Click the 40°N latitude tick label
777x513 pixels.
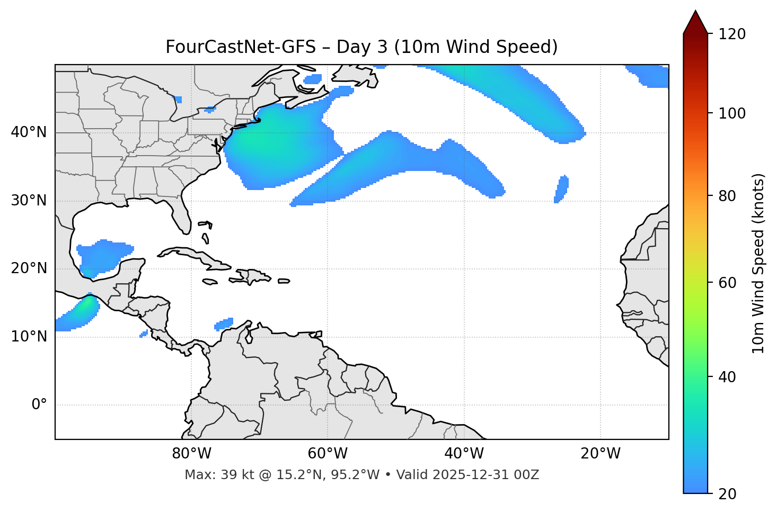click(29, 132)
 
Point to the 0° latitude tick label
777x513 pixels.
click(39, 405)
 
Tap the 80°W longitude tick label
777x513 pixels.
click(191, 454)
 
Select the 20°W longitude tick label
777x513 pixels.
click(601, 454)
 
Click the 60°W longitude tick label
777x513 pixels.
click(328, 454)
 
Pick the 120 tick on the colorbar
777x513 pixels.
click(732, 34)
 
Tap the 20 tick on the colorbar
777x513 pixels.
click(727, 494)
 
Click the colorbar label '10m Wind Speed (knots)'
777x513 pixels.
click(758, 263)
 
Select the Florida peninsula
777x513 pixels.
click(182, 214)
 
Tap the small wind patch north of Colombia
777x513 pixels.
click(224, 323)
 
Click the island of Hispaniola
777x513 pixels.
click(254, 276)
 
